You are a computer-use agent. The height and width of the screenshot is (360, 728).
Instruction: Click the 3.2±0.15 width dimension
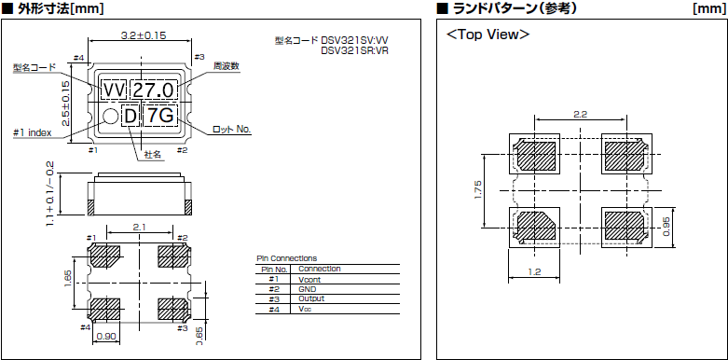coord(144,35)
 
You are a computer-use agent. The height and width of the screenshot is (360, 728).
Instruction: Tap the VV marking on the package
coord(114,90)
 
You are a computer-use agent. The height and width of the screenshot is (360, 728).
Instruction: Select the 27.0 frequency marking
coord(153,90)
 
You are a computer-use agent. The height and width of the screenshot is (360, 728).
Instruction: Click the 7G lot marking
coord(161,116)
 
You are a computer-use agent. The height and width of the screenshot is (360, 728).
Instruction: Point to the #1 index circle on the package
coord(110,116)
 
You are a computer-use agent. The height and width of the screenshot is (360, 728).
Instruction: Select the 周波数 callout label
coord(227,66)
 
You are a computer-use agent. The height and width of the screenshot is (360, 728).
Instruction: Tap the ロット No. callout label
coord(232,129)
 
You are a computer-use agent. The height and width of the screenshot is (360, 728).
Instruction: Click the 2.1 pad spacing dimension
coord(139,226)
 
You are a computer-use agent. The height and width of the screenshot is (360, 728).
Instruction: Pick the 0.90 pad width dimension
coord(106,337)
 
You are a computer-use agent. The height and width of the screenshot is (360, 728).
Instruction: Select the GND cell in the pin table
coord(307,289)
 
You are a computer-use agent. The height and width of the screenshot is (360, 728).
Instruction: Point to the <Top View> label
coord(488,35)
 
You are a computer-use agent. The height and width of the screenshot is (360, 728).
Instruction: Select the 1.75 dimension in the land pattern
coord(478,189)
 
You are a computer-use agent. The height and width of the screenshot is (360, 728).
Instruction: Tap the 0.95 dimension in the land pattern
coord(666,228)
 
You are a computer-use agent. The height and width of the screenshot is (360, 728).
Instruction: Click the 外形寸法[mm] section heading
coord(57,8)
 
